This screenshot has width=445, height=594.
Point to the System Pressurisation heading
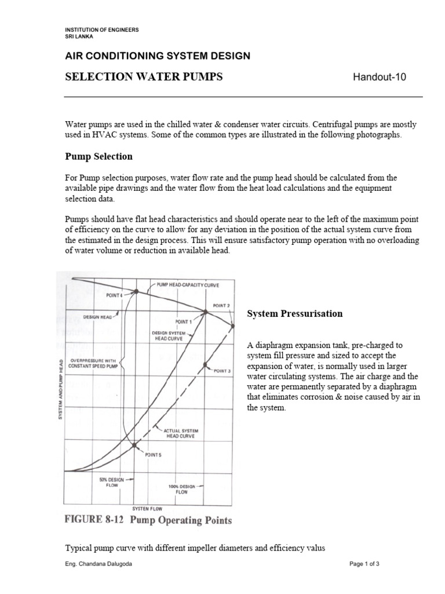pos(295,314)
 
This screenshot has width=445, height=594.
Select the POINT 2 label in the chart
pos(221,306)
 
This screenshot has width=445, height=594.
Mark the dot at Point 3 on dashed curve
pos(205,365)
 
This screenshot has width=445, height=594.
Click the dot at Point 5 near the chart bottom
pos(135,445)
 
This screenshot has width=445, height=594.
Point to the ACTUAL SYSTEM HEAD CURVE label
pos(181,433)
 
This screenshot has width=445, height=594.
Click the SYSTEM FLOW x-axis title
pos(147,508)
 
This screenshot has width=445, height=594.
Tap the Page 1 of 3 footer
pos(364,564)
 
